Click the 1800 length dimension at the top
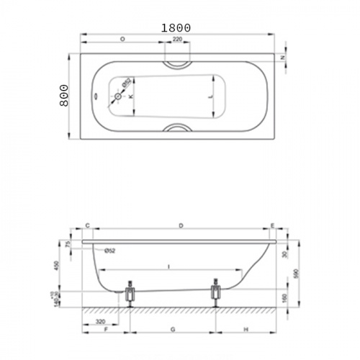176,27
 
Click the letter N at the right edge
282,58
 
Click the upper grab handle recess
177,62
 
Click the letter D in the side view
181,226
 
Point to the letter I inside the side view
169,266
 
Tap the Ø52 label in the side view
110,250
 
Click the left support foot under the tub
130,293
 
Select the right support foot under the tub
215,293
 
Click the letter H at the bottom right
245,328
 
